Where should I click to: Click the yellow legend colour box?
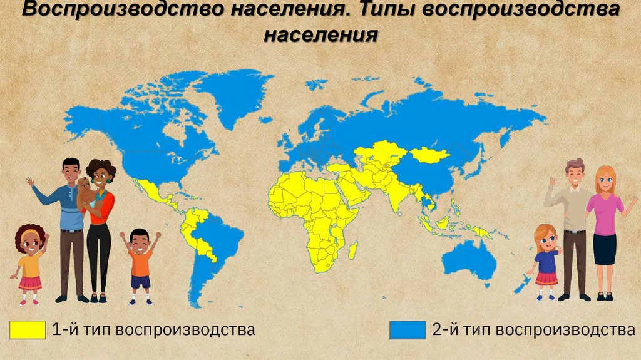point(28,329)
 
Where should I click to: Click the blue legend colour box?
point(408,329)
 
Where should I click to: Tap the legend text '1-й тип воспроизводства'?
point(154,329)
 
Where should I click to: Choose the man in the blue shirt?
point(68,219)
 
